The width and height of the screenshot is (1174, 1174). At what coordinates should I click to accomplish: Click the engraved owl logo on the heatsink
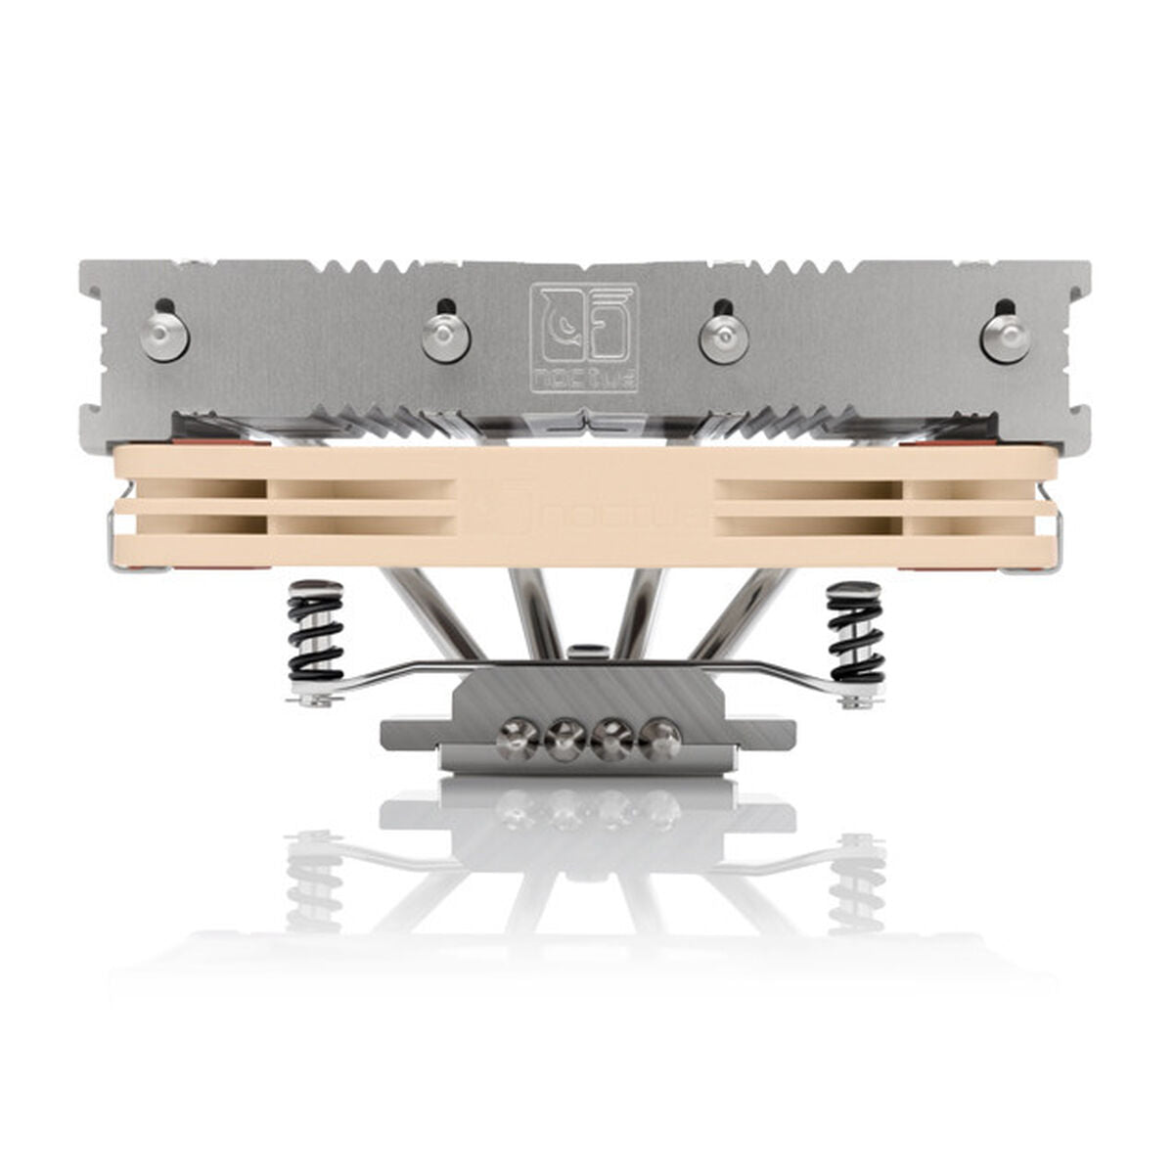pyautogui.click(x=583, y=325)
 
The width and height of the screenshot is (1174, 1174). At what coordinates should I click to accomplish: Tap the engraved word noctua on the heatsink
pyautogui.click(x=584, y=378)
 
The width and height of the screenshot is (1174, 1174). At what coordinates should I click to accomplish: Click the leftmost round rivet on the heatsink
pyautogui.click(x=163, y=336)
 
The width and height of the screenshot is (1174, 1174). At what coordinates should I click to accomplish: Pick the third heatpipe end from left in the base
pyautogui.click(x=613, y=741)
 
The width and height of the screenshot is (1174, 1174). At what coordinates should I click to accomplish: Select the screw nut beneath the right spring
pyautogui.click(x=856, y=699)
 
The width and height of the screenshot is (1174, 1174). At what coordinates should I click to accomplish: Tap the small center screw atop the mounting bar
pyautogui.click(x=584, y=649)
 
